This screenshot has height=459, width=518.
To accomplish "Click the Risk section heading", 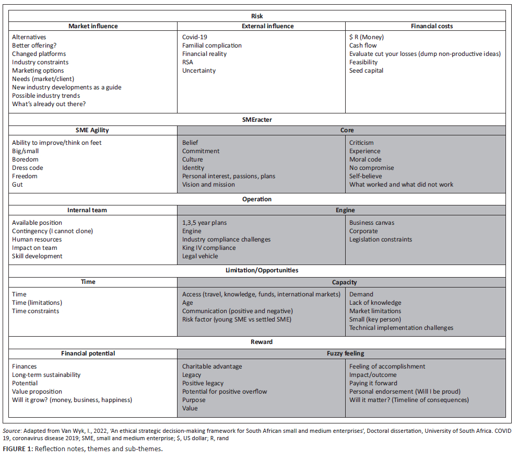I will coord(257,16).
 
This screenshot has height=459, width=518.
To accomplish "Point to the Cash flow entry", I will coord(363,45).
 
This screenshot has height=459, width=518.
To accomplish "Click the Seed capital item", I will coord(366,71).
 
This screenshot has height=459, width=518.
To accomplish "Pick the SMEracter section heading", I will coord(257,120).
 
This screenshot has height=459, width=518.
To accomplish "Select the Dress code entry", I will coord(28,168).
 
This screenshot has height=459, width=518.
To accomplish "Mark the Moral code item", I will coord(366,159).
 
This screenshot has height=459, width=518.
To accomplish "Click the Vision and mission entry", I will coord(208,185).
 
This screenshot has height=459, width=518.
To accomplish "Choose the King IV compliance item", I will coord(209,248).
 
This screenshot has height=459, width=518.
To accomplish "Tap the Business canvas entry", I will coord(372,223).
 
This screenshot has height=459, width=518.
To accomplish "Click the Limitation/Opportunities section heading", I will coord(257,270).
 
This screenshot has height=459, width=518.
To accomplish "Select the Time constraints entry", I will coord(36,311).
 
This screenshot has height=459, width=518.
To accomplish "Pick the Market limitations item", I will coord(375,311).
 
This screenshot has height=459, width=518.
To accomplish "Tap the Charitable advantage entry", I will coord(212,366).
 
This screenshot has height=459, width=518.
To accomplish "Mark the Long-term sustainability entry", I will coord(46,375).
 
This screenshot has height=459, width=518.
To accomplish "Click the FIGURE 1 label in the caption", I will coord(17,450).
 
